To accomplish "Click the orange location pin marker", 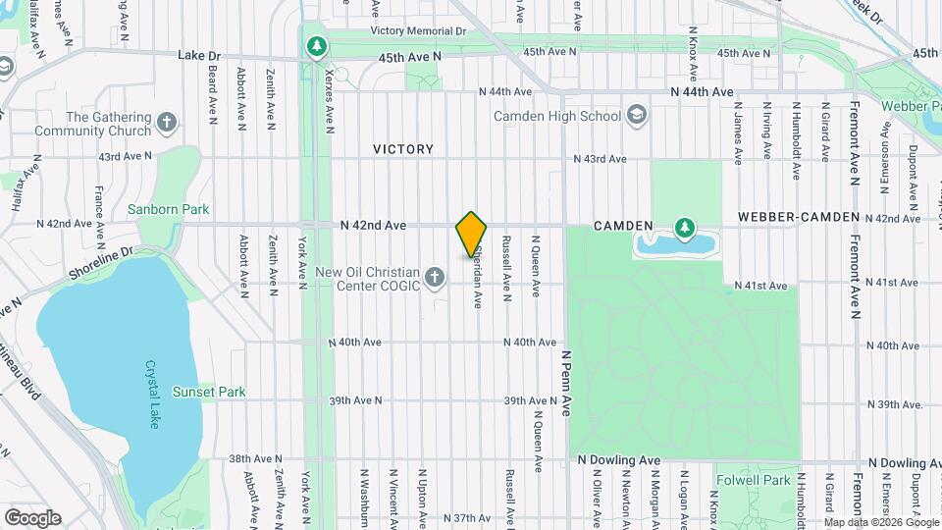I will [472, 235].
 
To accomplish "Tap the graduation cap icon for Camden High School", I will [638, 116].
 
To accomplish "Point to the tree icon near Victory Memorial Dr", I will [316, 46].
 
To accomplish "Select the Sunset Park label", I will [209, 392].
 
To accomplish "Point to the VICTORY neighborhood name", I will [403, 149].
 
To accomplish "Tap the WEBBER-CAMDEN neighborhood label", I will [799, 217].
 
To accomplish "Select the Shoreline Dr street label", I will [100, 262].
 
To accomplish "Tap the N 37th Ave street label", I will [466, 517].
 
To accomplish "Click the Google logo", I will [32, 517].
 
